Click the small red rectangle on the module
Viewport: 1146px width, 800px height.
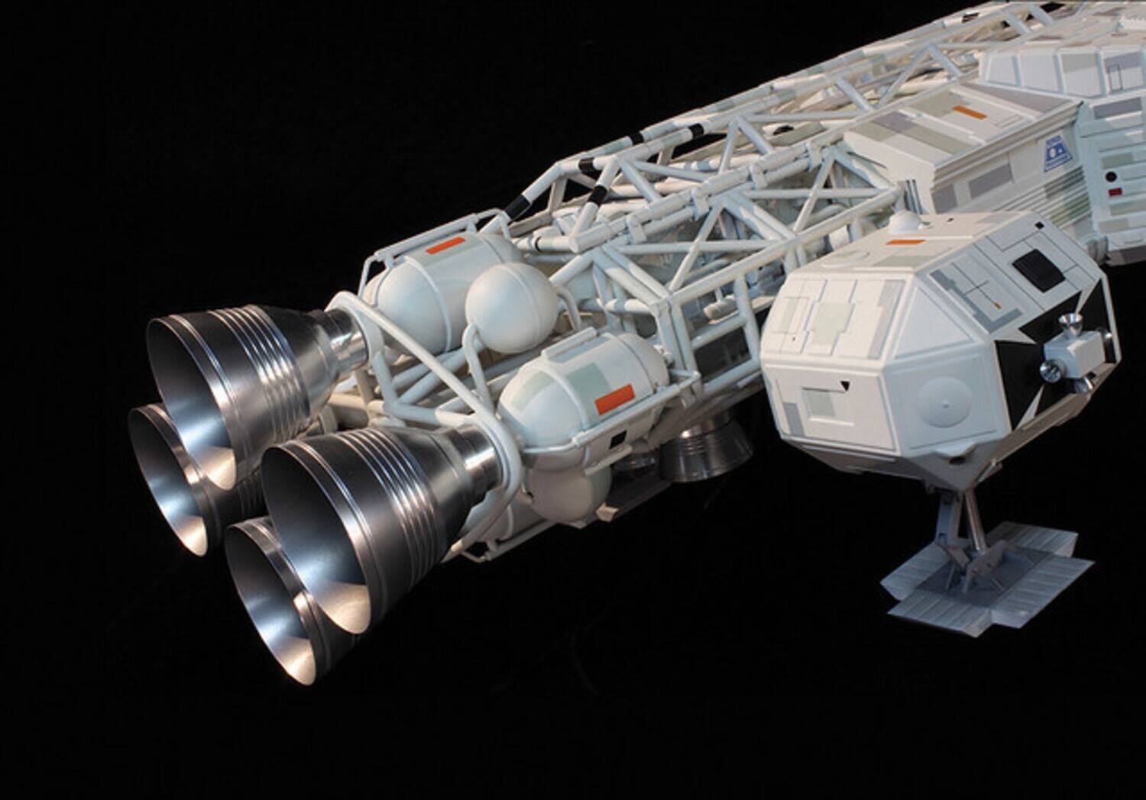[1118, 185]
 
